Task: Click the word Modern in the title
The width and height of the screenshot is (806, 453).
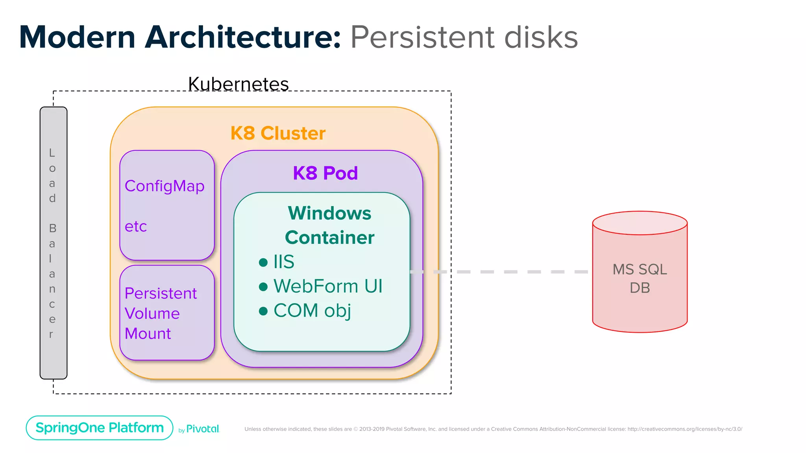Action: pos(77,37)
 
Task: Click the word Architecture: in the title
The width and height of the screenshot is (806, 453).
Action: pos(243,37)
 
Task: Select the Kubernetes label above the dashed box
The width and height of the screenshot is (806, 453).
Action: pos(238,84)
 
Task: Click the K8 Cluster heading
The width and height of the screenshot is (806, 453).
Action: pos(278,133)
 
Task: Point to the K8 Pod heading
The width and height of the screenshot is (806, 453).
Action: pos(325,173)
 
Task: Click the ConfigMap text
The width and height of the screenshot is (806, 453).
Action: pos(165,186)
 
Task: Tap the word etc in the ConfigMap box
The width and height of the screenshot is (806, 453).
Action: pos(136,226)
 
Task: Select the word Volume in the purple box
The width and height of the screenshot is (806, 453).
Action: pos(152,313)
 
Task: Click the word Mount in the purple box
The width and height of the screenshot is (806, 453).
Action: pos(148,333)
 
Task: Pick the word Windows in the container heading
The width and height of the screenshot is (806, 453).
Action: pos(329,213)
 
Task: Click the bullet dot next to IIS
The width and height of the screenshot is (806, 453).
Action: pos(263,262)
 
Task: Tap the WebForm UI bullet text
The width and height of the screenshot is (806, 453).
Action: pos(328,286)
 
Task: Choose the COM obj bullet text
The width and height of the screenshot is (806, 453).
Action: pos(312,310)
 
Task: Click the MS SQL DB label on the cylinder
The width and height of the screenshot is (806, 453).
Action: pos(640,278)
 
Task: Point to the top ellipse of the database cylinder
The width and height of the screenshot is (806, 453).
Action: pos(640,223)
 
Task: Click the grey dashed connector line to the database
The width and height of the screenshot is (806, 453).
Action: pos(510,272)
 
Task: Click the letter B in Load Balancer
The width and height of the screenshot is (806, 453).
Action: pos(52,228)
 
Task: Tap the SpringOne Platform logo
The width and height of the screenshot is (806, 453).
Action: pos(100,428)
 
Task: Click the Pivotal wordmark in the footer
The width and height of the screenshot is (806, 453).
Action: pos(202,429)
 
